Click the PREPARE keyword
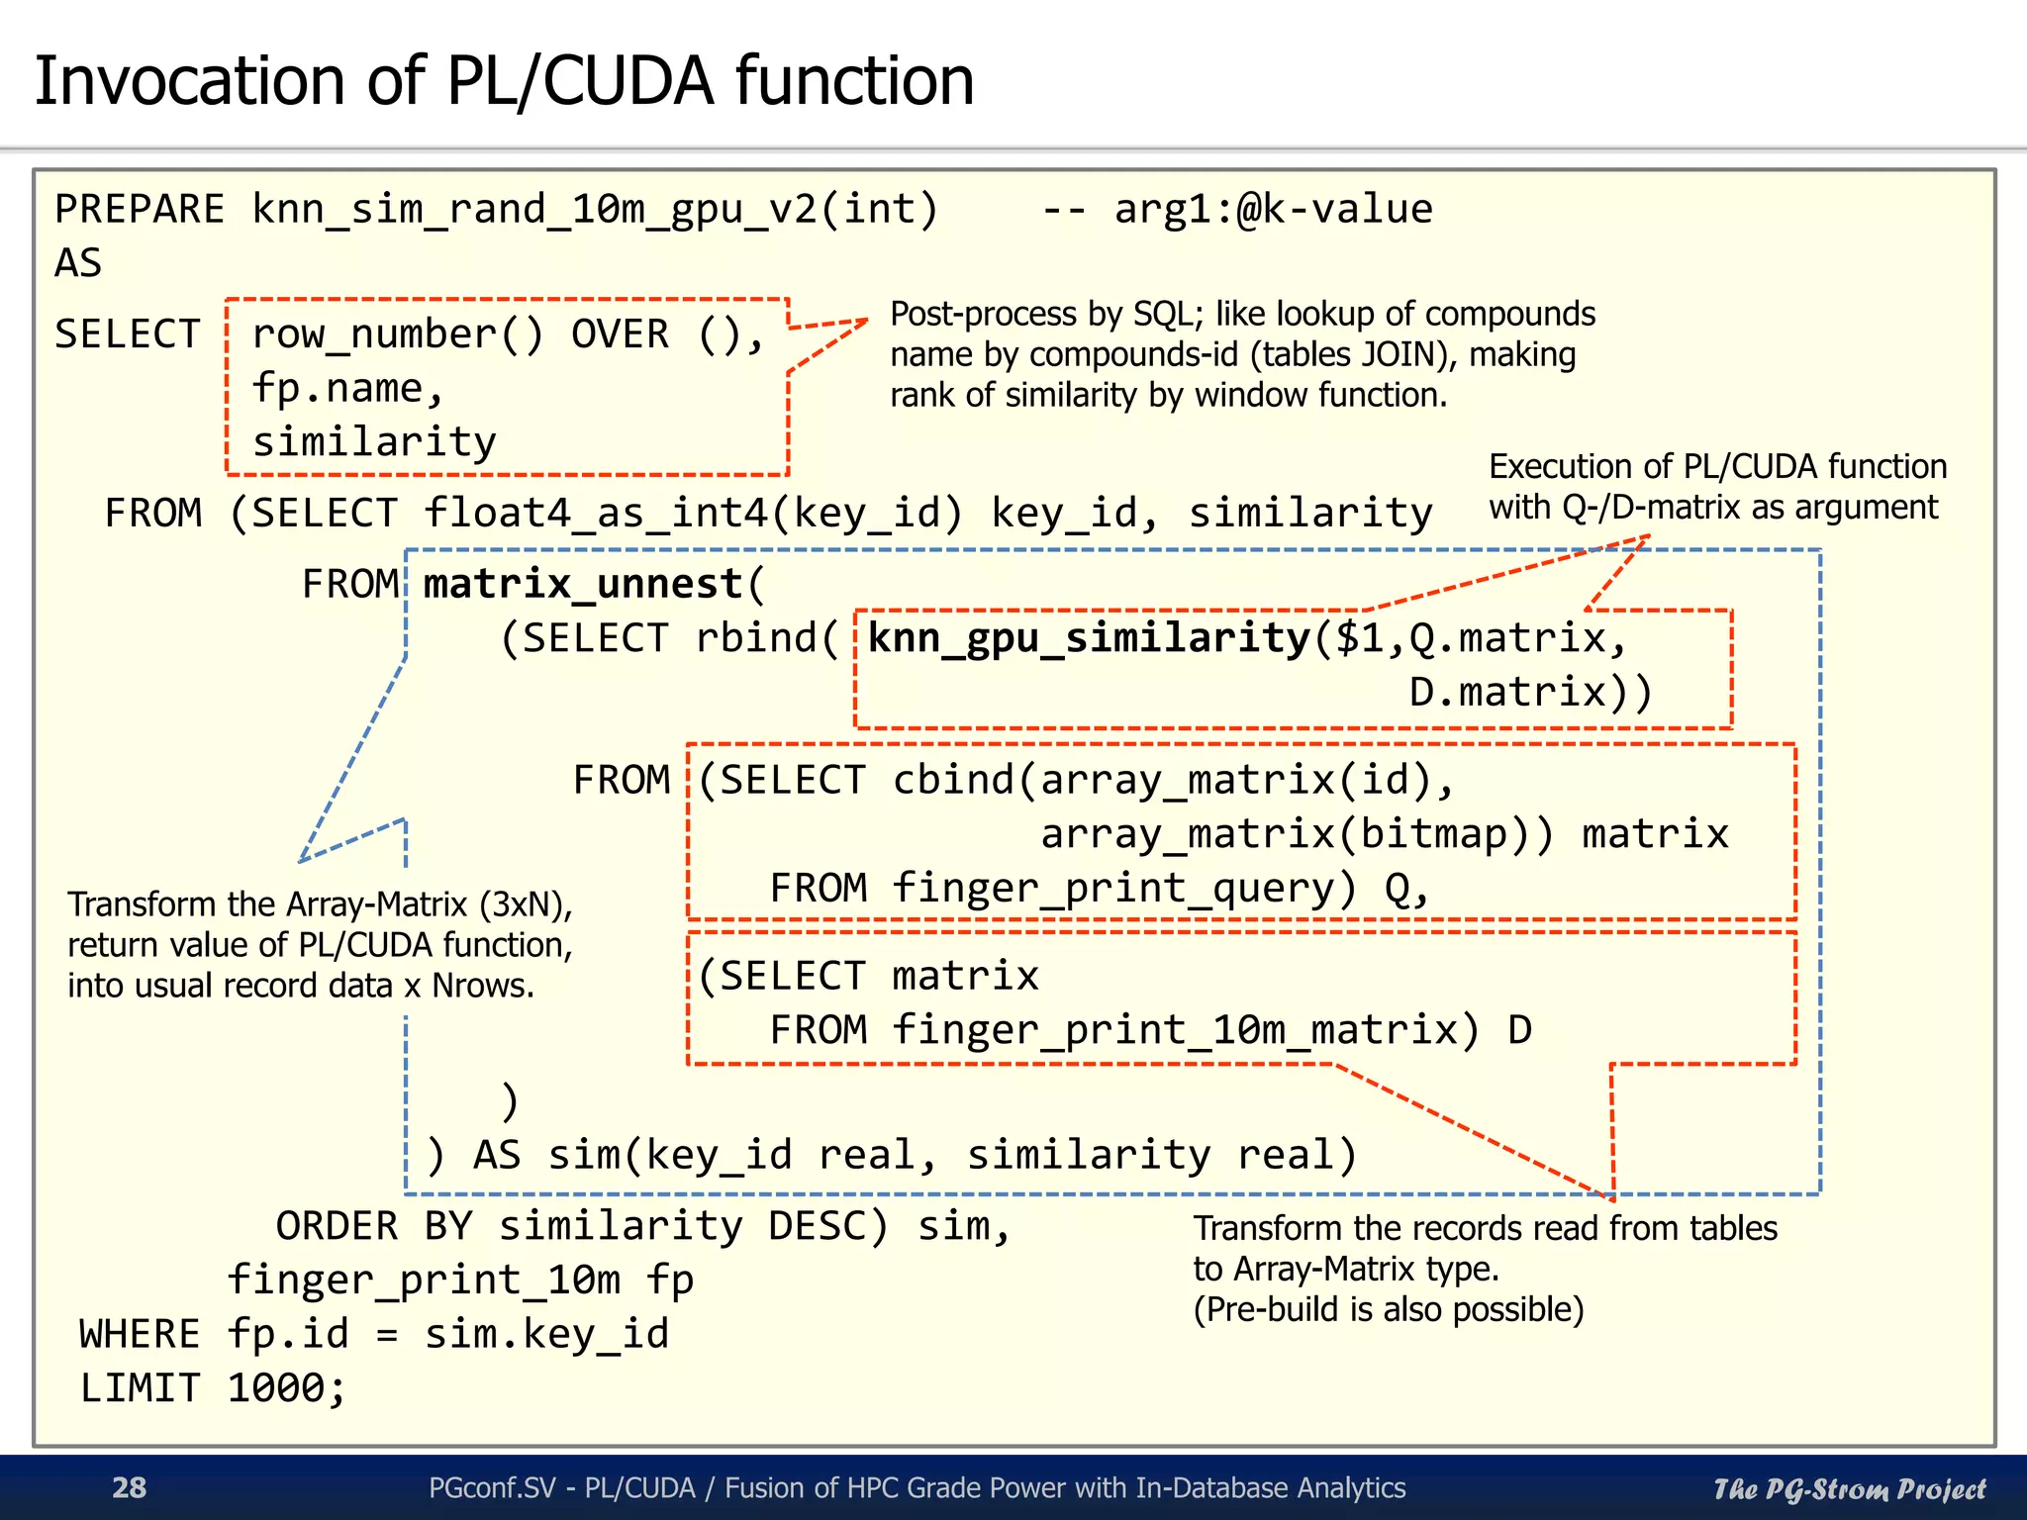point(140,210)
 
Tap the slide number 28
point(129,1487)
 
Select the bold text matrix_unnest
point(583,584)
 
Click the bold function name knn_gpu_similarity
point(1089,638)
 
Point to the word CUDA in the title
point(627,81)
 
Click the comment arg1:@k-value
point(1273,210)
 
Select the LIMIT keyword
point(140,1387)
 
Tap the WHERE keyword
point(140,1334)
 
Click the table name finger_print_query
point(1123,888)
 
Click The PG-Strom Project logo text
point(1849,1488)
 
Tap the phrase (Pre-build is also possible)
point(1389,1309)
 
